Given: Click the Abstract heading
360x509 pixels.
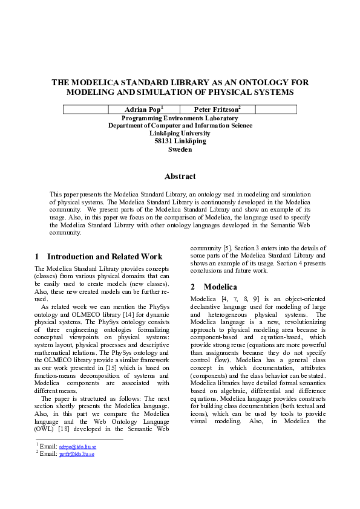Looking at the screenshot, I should tap(180, 177).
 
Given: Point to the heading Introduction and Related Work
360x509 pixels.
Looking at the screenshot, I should tap(105, 256).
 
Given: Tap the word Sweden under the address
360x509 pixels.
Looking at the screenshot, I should tap(180, 149).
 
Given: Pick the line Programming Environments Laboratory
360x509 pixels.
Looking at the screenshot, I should tap(180, 118).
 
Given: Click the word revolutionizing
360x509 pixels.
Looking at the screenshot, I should tap(296, 322).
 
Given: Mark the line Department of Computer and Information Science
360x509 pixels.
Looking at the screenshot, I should tap(180, 126).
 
